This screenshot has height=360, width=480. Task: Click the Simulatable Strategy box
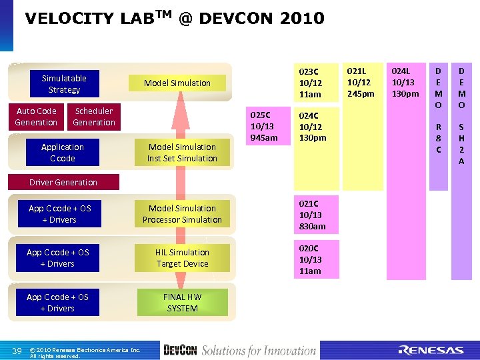(64, 84)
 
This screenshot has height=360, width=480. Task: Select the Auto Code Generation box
(36, 117)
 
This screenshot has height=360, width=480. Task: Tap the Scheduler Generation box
(94, 117)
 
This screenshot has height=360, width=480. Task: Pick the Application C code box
(62, 153)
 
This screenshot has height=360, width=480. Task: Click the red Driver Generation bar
(63, 182)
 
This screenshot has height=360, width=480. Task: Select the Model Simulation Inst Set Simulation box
(182, 153)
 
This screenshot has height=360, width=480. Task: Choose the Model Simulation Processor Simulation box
(182, 214)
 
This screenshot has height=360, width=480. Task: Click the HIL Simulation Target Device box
(182, 258)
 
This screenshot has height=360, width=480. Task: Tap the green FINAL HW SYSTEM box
(182, 302)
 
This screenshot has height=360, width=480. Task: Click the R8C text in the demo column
(438, 138)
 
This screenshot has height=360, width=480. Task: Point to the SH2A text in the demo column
(461, 143)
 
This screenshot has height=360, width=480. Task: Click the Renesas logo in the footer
(431, 350)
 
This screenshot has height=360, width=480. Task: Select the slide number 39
(18, 351)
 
